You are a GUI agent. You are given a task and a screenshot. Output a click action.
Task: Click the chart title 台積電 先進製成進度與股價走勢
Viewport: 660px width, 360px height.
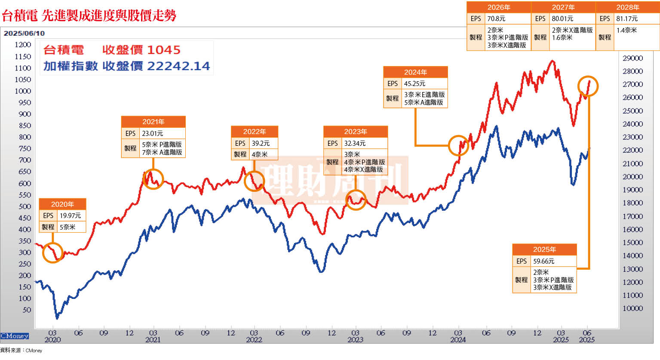tap(89, 15)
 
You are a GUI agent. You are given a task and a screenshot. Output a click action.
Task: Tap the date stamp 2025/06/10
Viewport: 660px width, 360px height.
tap(24, 33)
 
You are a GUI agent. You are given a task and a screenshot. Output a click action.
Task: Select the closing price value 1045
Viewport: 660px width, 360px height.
tap(164, 50)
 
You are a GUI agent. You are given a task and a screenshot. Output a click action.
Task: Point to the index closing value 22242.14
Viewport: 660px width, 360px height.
tap(178, 66)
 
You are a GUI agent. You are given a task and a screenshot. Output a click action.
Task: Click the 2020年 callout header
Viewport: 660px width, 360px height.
tap(62, 204)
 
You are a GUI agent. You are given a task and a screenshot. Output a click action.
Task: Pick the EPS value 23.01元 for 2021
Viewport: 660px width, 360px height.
tap(153, 133)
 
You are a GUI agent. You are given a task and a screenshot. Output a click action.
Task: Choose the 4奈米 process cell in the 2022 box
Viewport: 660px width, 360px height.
tap(260, 154)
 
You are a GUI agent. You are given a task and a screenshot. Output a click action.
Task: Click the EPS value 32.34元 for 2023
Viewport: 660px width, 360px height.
tap(355, 143)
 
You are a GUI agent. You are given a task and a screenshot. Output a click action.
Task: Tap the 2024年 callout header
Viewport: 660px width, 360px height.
tap(415, 72)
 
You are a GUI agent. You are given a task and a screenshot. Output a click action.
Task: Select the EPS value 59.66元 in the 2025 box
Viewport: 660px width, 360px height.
tap(544, 261)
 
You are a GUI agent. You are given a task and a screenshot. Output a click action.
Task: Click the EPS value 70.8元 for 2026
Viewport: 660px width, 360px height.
tap(496, 18)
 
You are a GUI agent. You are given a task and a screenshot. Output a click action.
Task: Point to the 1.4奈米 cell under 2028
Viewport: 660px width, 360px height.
tap(626, 30)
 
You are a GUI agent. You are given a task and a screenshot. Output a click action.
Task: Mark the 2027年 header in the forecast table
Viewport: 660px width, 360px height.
tap(563, 7)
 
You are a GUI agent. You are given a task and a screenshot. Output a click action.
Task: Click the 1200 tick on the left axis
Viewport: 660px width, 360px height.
tap(23, 44)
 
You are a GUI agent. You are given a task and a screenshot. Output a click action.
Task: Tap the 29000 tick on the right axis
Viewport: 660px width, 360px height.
tap(632, 58)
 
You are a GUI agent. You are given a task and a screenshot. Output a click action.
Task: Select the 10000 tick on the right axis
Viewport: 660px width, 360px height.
tap(632, 308)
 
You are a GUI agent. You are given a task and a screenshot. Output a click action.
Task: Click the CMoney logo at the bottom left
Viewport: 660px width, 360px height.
tap(15, 336)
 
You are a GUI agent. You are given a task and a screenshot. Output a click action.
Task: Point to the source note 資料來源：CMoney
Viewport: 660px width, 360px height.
tap(21, 351)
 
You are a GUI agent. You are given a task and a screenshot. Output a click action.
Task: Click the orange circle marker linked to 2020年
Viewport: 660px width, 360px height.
tap(53, 252)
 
